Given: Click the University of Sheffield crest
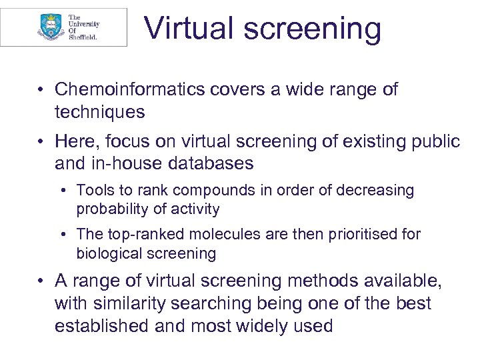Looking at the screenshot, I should pyautogui.click(x=49, y=27).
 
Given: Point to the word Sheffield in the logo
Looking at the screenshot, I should pyautogui.click(x=83, y=37).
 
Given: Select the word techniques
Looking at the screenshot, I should pyautogui.click(x=99, y=112).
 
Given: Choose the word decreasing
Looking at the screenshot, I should pyautogui.click(x=373, y=191).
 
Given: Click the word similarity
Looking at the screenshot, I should pyautogui.click(x=129, y=304).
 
